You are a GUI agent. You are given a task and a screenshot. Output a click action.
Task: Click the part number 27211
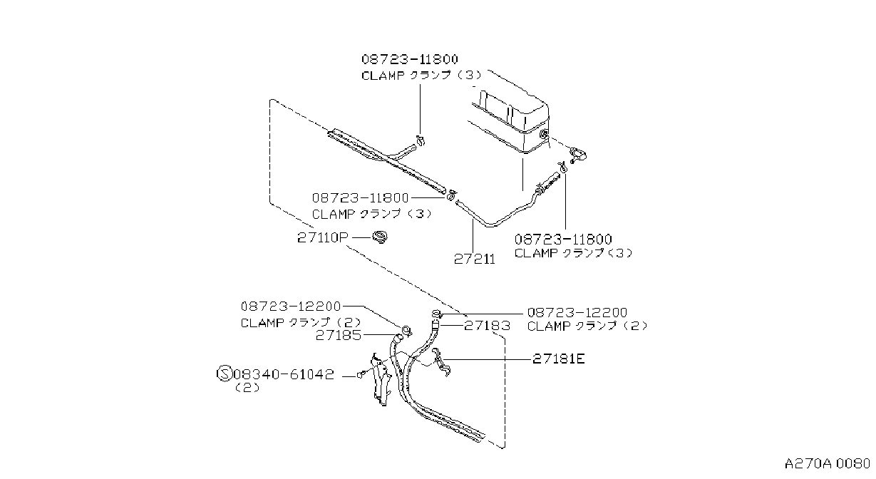tap(475, 259)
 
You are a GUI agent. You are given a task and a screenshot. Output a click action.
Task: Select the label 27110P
tap(322, 237)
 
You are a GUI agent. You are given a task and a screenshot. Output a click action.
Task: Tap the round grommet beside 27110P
tap(380, 237)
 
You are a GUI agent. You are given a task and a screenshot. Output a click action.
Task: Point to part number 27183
tap(488, 326)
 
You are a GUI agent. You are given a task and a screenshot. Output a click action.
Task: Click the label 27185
tap(339, 335)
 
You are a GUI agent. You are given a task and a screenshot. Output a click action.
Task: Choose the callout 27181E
tap(559, 359)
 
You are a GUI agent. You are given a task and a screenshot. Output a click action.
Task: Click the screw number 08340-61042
tap(284, 374)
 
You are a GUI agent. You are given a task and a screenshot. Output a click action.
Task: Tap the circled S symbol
tap(225, 374)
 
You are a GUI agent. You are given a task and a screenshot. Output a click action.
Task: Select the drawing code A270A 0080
tap(827, 464)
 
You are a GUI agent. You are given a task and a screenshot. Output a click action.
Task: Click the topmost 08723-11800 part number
tap(409, 59)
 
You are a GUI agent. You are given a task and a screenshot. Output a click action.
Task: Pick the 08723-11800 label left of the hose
tap(360, 198)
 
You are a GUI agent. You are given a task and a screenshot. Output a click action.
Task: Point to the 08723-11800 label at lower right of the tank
tap(563, 239)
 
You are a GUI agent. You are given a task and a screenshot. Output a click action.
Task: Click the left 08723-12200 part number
tap(291, 307)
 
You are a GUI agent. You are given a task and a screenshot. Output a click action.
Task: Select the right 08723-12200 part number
tap(577, 312)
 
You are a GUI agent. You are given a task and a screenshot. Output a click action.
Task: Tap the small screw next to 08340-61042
tap(361, 375)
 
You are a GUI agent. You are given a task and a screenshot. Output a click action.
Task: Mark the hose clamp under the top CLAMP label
tap(421, 140)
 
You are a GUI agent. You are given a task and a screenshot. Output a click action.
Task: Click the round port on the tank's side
tap(544, 135)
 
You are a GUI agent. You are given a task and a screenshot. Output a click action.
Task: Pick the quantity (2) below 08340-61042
tap(247, 388)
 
